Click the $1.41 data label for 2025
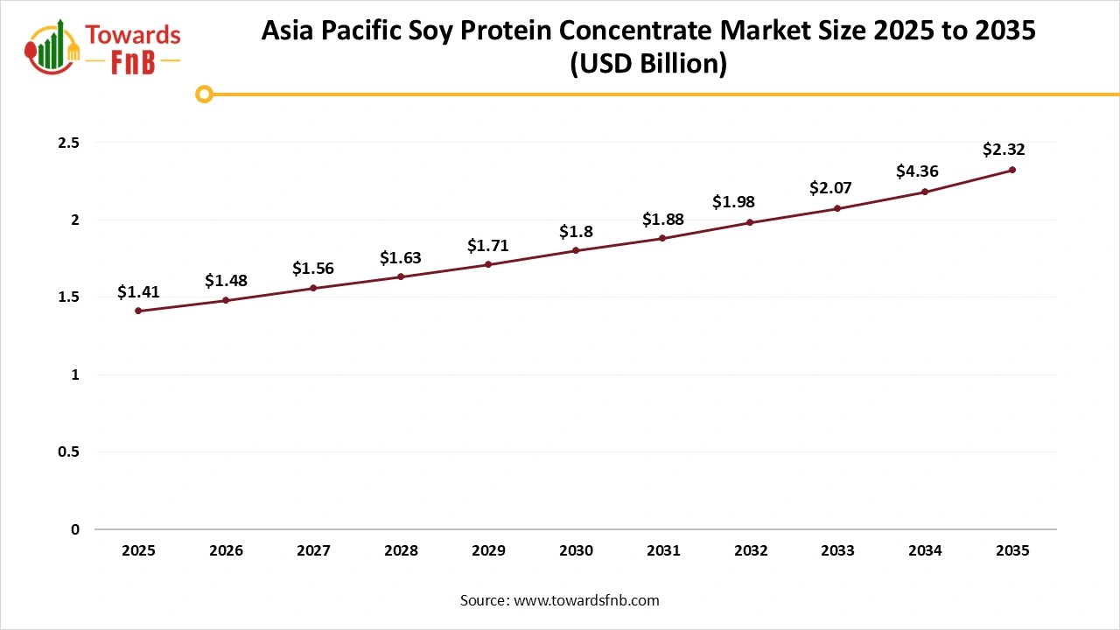coord(138,292)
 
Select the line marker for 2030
coord(576,250)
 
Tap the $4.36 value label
coord(917,172)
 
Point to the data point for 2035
coord(1012,170)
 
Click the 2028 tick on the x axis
coord(401,551)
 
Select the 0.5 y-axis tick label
coord(68,452)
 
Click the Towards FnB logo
coord(103,47)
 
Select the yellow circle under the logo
coord(204,94)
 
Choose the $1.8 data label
coord(576,232)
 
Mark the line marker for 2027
coord(313,288)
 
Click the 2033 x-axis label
coord(838,551)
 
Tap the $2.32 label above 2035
coord(1004,150)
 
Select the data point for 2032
coord(751,222)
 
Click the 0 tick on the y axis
coord(75,529)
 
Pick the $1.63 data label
coord(401,258)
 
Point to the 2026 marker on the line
coord(226,300)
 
